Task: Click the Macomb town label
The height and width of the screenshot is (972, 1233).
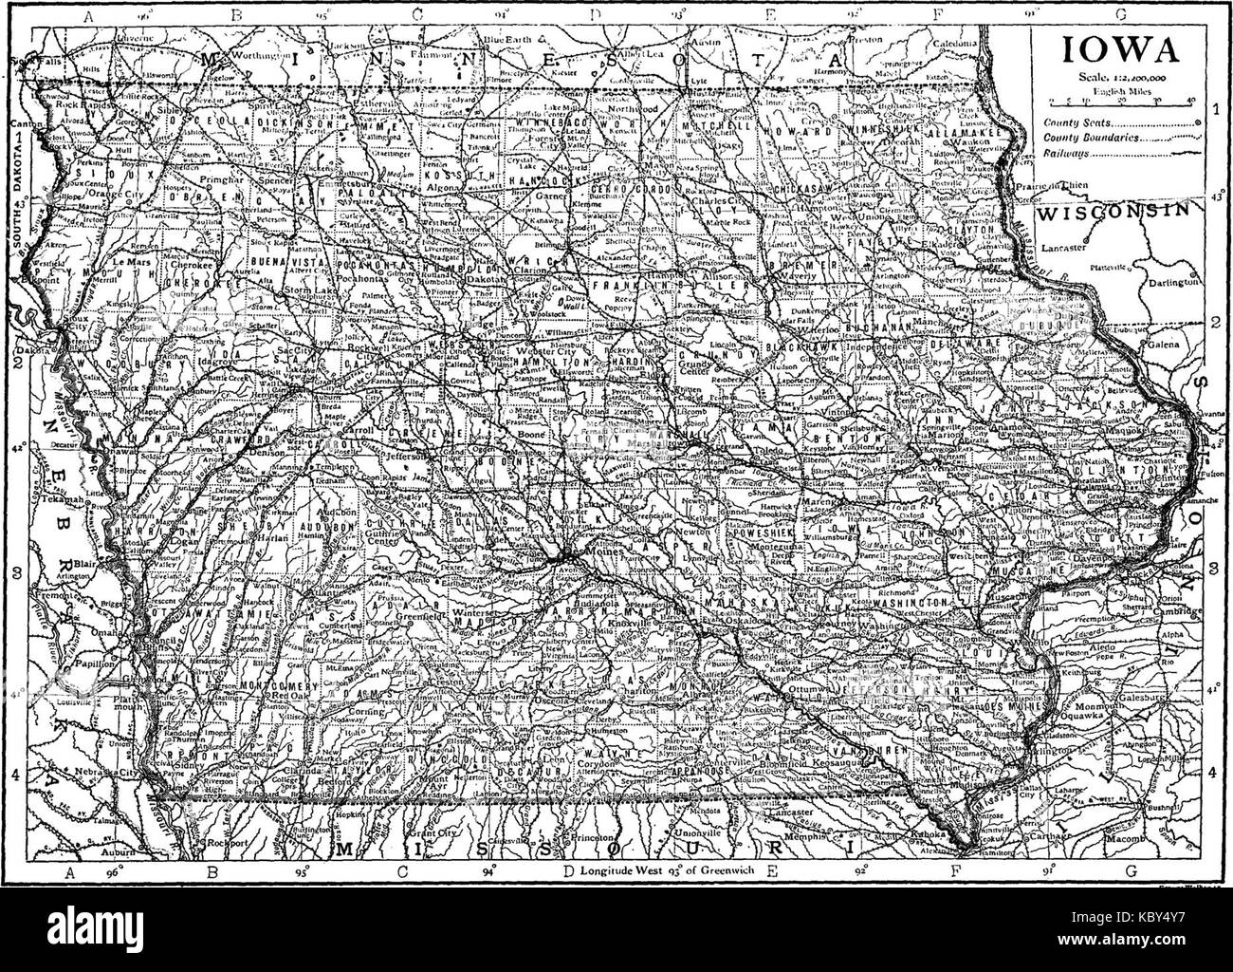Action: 1164,839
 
